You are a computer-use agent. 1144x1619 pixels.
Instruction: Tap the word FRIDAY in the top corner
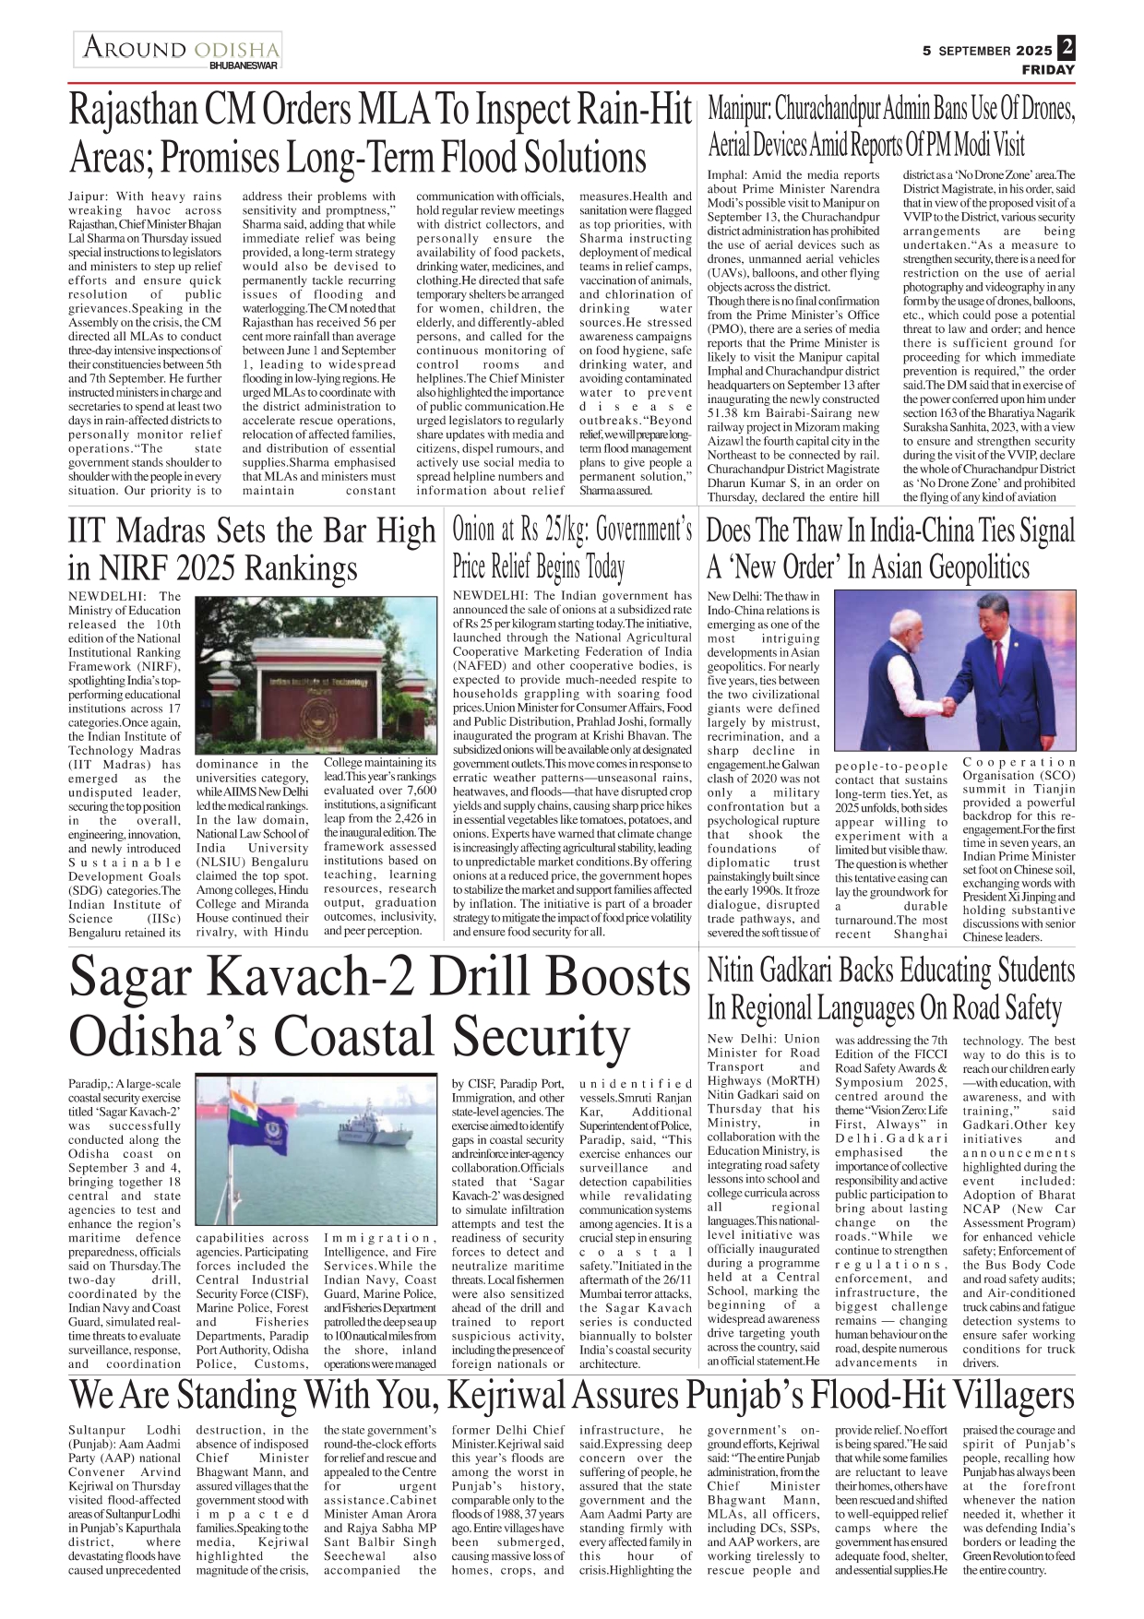[x=1048, y=70]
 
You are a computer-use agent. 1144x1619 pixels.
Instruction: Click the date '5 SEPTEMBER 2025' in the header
[x=987, y=52]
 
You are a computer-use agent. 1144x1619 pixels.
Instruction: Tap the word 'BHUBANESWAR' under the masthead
[x=244, y=65]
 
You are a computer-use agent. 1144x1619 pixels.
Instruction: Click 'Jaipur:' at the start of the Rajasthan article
[x=89, y=196]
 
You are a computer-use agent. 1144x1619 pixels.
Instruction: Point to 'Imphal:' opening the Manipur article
[x=728, y=175]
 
